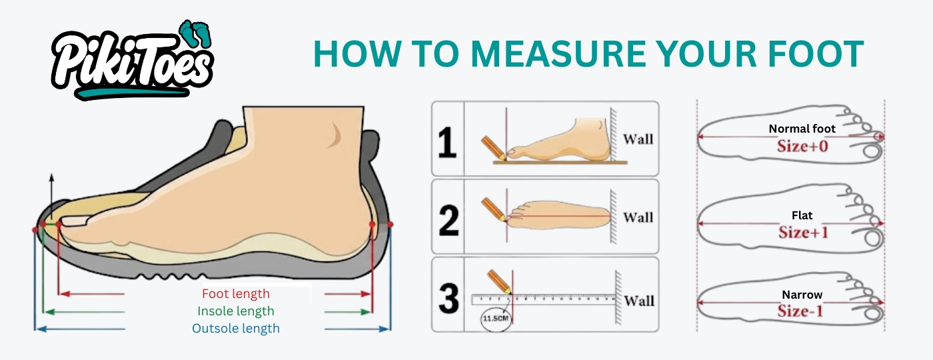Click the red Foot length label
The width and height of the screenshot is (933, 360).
tap(236, 294)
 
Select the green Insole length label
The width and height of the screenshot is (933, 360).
tap(236, 311)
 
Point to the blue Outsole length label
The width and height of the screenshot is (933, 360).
tap(236, 328)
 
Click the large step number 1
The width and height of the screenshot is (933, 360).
tap(447, 142)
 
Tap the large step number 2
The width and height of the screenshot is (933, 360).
tap(449, 221)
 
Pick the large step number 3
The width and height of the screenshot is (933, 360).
tap(449, 299)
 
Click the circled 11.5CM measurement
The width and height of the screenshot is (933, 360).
tap(496, 319)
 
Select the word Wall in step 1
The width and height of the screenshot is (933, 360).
tap(638, 139)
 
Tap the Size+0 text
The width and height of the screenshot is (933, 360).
tap(802, 146)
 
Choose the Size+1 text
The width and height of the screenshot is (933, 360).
tap(804, 233)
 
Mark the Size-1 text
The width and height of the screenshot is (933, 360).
tap(800, 311)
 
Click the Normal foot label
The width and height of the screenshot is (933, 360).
tap(802, 129)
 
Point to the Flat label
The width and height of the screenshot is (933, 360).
tap(802, 215)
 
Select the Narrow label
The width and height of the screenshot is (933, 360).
tap(802, 295)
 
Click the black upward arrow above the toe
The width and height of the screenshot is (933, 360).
tap(51, 196)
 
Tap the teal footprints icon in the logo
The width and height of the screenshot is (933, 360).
tap(195, 33)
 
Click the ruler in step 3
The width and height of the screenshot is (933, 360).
tap(544, 299)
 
